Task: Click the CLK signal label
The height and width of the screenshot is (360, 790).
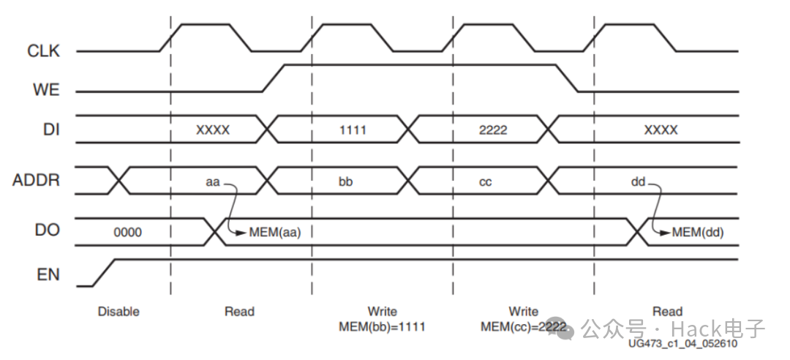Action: (x=43, y=51)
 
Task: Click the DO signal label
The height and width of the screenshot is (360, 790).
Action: (x=49, y=231)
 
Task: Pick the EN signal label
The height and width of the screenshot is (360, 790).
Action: (x=49, y=276)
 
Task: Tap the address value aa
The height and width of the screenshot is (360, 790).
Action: (x=213, y=181)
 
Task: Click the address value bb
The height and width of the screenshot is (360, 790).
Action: (x=345, y=181)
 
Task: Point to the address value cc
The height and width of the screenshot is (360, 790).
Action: (x=485, y=181)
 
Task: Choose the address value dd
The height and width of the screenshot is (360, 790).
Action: (x=638, y=181)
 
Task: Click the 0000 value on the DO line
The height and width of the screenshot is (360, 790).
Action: (x=127, y=233)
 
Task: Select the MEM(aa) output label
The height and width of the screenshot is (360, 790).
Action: (x=275, y=233)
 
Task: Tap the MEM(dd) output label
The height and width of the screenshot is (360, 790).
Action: (x=698, y=233)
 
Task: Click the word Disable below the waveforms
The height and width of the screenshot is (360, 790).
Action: (x=118, y=312)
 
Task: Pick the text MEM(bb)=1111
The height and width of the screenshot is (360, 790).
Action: (x=382, y=326)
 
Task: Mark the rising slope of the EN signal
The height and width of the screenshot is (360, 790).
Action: (x=105, y=272)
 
